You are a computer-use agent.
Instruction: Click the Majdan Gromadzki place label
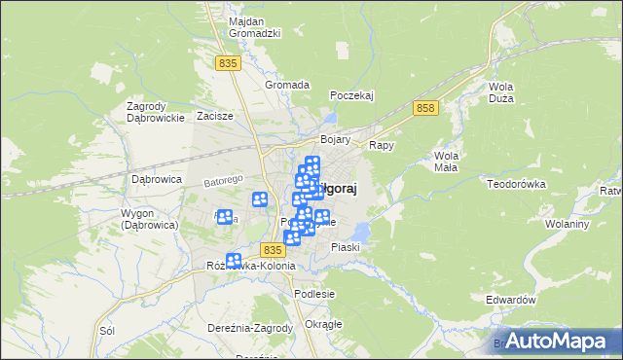(x=254, y=26)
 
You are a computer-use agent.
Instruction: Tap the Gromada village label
(x=287, y=85)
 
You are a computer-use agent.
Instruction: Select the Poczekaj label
(x=352, y=95)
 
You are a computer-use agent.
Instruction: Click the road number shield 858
(x=423, y=108)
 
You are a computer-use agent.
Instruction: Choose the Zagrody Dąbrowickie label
(x=156, y=112)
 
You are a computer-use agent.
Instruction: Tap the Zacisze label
(x=215, y=116)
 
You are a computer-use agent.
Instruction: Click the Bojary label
(x=335, y=140)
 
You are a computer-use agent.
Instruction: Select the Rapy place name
(x=381, y=145)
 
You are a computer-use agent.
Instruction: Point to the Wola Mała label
(x=448, y=162)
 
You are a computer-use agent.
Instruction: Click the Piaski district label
(x=346, y=247)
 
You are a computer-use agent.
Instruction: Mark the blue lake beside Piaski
(x=361, y=232)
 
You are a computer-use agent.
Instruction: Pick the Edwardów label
(x=511, y=301)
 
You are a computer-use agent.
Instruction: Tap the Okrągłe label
(x=323, y=324)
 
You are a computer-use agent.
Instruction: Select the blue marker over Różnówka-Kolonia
(x=234, y=261)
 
